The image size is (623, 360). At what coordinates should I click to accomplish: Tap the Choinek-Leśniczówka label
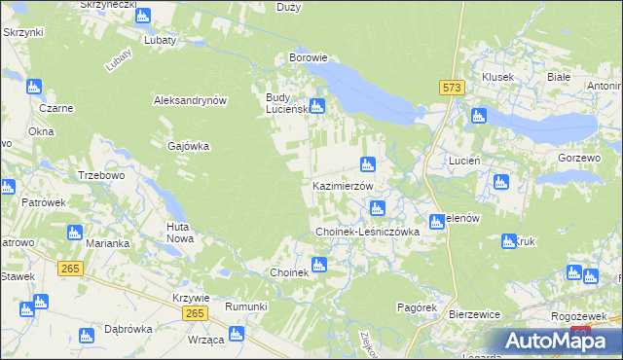click(367, 233)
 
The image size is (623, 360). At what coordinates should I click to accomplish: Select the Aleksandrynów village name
click(190, 100)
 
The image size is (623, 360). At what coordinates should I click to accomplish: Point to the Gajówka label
click(189, 146)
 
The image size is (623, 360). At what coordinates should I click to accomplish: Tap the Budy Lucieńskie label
click(286, 103)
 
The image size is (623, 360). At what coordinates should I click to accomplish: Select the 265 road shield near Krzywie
click(194, 311)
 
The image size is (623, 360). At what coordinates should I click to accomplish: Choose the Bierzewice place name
click(474, 315)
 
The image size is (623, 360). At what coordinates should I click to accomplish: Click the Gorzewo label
click(580, 157)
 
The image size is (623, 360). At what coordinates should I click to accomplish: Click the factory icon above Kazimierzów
click(367, 164)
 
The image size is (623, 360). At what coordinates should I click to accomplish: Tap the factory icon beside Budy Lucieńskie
click(316, 106)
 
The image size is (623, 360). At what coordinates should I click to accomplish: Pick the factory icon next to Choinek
click(318, 264)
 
